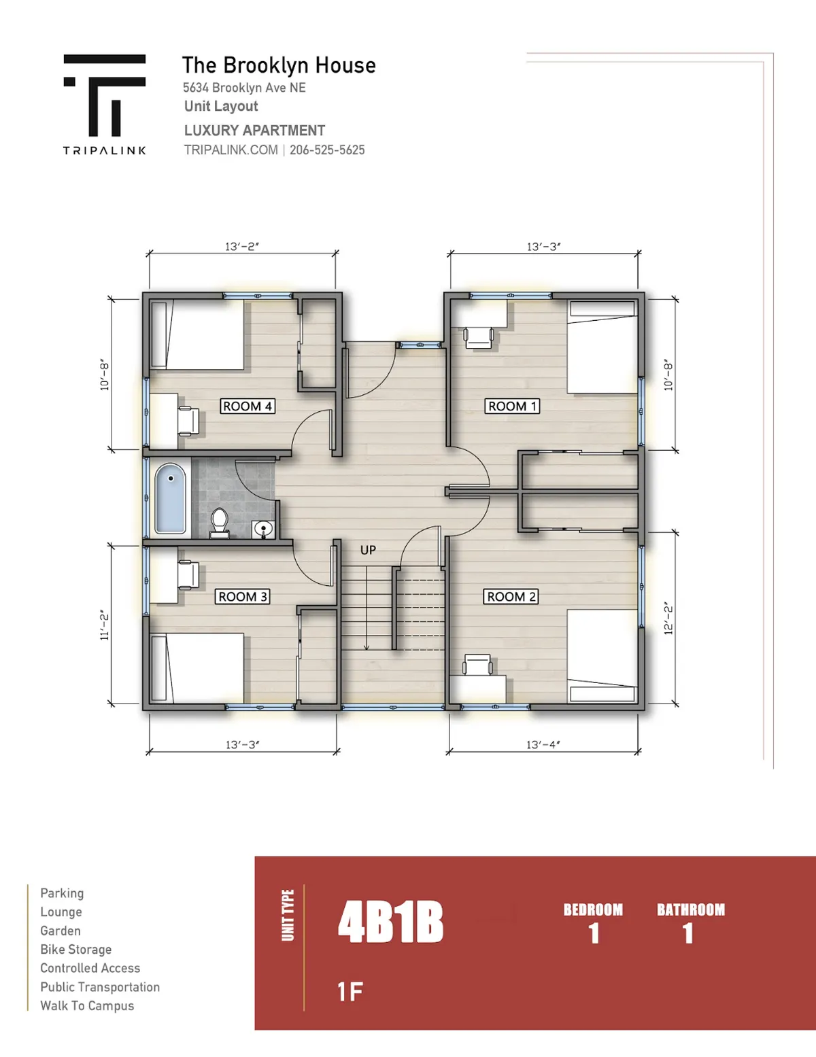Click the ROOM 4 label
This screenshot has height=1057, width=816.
click(x=248, y=406)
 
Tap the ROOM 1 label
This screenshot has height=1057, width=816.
click(x=512, y=406)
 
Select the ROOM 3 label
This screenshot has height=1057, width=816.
click(x=242, y=596)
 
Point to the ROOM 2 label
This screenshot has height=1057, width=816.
click(x=511, y=596)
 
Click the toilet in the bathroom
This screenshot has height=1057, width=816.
click(x=220, y=523)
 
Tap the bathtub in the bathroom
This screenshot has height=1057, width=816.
click(x=170, y=498)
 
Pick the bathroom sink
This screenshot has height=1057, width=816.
click(x=263, y=530)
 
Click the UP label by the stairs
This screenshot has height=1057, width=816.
click(x=368, y=550)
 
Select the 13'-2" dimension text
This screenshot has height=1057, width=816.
click(x=242, y=247)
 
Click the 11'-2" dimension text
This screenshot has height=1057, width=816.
click(x=105, y=625)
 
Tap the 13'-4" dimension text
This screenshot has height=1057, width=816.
click(x=543, y=745)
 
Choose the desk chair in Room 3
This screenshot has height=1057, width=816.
click(x=188, y=574)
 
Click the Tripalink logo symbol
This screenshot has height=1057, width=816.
click(x=105, y=95)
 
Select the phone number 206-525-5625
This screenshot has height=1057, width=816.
click(x=327, y=150)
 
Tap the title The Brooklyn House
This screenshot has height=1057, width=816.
click(x=279, y=65)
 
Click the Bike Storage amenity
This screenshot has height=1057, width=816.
click(x=76, y=949)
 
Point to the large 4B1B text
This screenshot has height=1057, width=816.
click(x=391, y=922)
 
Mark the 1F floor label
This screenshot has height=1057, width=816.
click(x=350, y=992)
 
